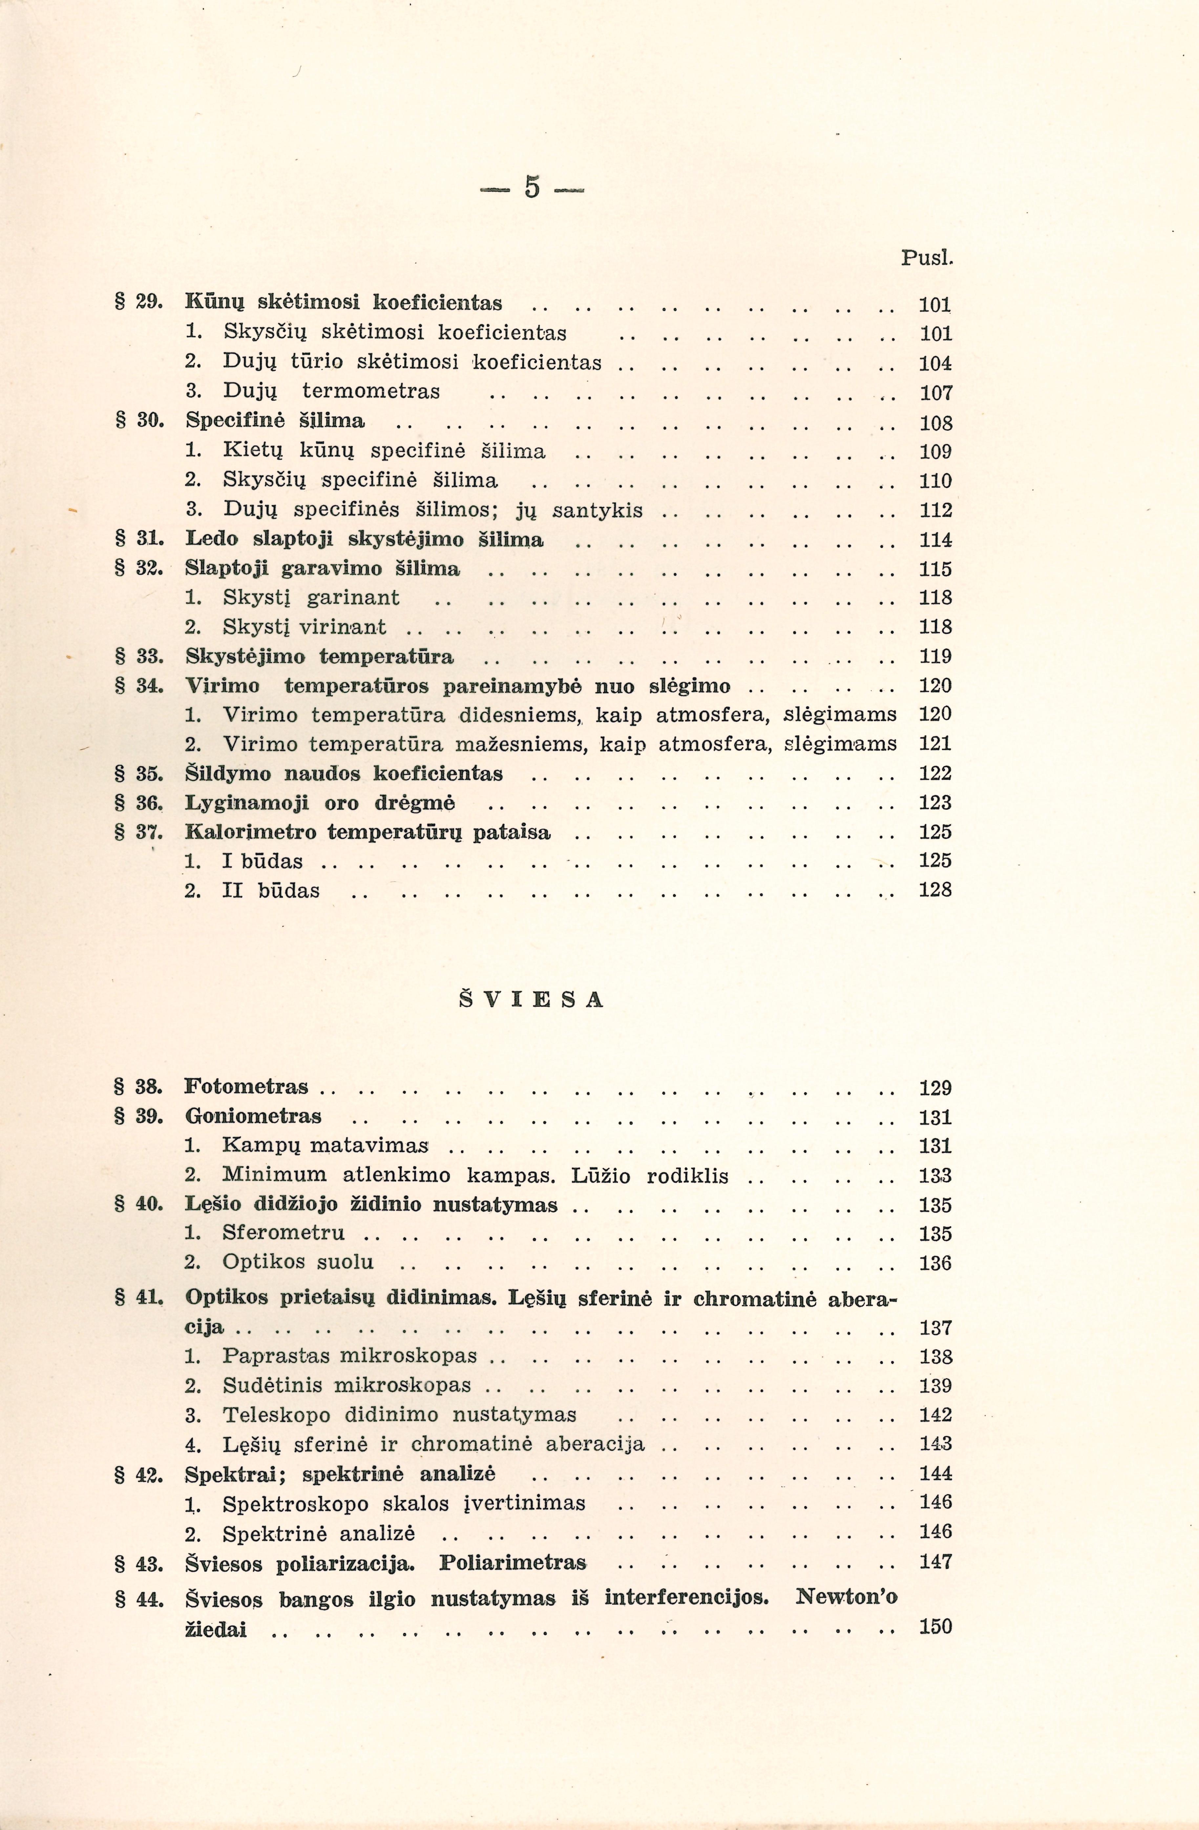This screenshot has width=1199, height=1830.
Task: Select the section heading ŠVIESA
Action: click(x=532, y=1000)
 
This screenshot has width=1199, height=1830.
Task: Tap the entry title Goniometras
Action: click(x=254, y=1116)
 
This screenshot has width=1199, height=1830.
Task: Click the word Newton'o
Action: click(x=846, y=1597)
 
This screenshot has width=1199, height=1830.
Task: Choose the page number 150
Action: click(x=935, y=1626)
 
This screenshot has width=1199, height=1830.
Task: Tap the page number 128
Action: click(x=935, y=890)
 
